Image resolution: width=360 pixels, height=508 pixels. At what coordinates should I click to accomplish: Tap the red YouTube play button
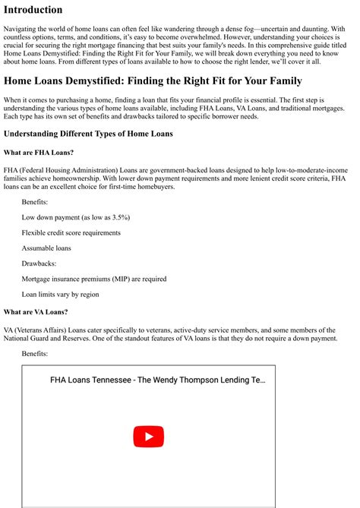point(148,437)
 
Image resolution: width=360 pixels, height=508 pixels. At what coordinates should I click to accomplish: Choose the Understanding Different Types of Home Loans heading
point(88,134)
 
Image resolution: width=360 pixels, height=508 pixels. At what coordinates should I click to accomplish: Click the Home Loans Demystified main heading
point(153,80)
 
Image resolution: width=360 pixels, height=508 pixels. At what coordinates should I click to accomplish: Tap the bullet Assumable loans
point(46,248)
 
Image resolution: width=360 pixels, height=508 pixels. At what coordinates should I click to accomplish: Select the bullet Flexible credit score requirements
point(71,232)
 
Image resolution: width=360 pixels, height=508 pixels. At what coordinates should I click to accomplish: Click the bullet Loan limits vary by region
point(61,294)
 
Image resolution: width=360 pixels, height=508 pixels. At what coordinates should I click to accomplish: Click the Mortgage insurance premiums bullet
point(93,279)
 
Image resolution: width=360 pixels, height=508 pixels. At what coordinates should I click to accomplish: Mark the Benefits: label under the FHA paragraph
point(35,202)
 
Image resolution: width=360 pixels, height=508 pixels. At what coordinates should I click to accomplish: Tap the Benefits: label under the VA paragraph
point(35,354)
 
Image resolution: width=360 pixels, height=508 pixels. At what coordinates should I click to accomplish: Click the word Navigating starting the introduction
point(24,28)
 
